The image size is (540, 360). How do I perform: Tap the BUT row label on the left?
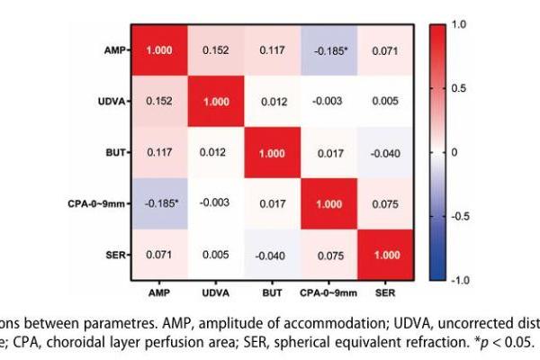[x=118, y=153]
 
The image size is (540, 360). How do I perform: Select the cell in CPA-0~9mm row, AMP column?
[x=159, y=204]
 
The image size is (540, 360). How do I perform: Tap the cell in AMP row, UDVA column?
[x=214, y=50]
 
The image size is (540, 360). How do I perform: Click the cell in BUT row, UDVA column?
[x=214, y=153]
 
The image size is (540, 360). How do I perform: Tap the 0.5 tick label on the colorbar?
[x=458, y=88]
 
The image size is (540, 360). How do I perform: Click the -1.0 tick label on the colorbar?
[x=459, y=281]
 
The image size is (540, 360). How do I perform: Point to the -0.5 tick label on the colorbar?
[x=459, y=217]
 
